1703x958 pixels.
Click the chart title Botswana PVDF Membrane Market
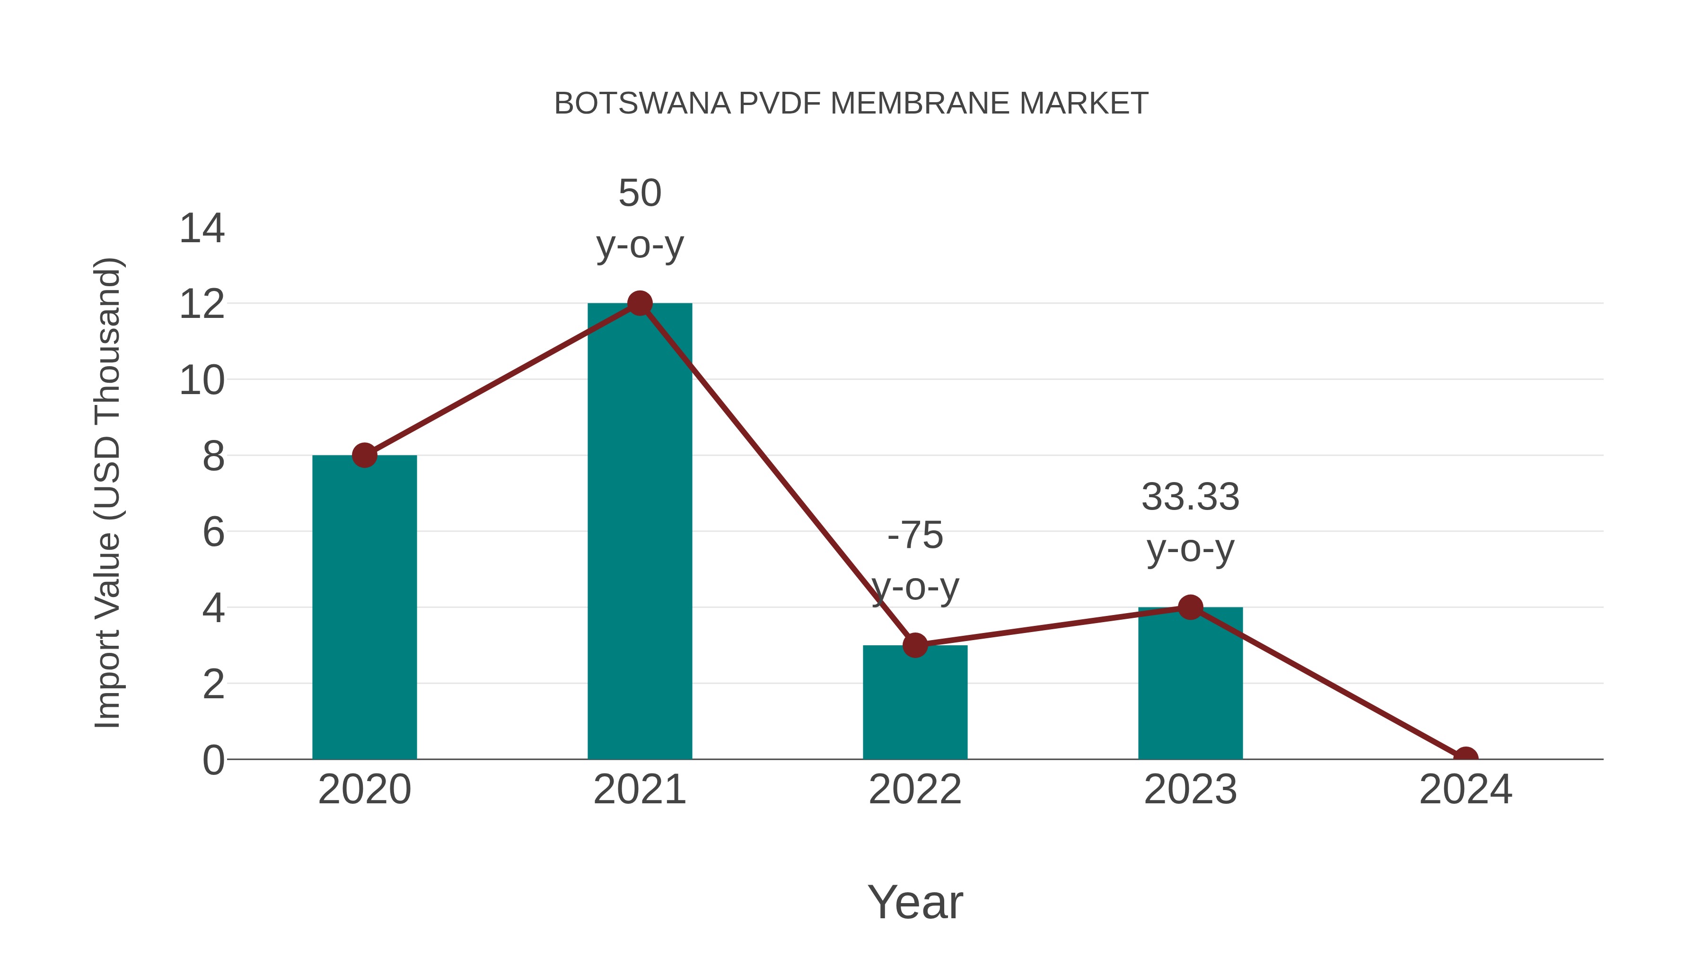click(x=851, y=104)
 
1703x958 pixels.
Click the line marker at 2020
click(x=364, y=456)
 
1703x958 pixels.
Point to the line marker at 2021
click(x=639, y=303)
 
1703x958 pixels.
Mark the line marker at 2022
click(x=915, y=645)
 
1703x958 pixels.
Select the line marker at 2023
click(x=1190, y=607)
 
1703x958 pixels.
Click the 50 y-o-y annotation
click(x=639, y=219)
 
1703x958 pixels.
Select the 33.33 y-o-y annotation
click(x=1190, y=522)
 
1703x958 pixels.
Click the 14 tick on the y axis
click(x=202, y=229)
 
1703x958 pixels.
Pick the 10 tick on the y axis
click(x=202, y=381)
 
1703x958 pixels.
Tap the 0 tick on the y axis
click(x=213, y=760)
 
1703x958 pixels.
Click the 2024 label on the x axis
click(x=1465, y=790)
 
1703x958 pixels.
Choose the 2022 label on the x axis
click(x=915, y=790)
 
